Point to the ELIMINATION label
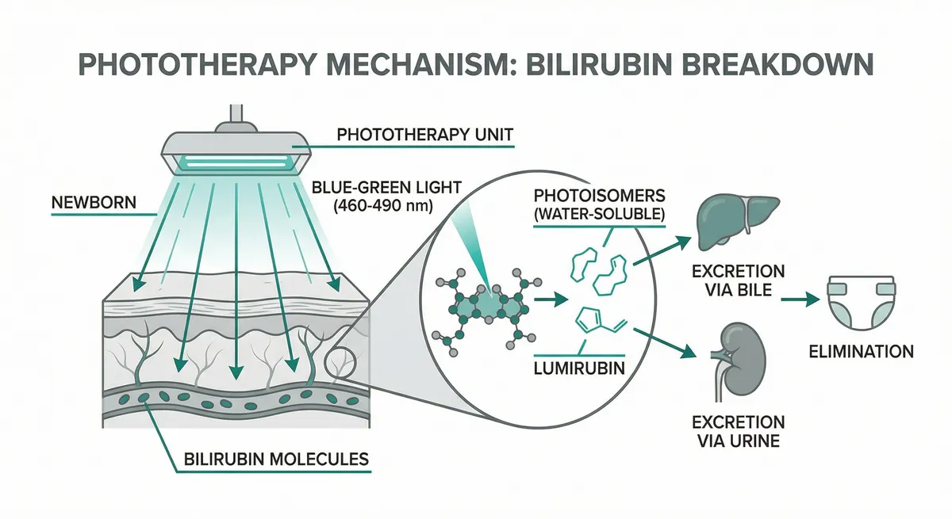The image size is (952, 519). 861,351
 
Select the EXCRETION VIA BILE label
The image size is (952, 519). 738,281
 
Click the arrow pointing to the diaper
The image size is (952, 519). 802,300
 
